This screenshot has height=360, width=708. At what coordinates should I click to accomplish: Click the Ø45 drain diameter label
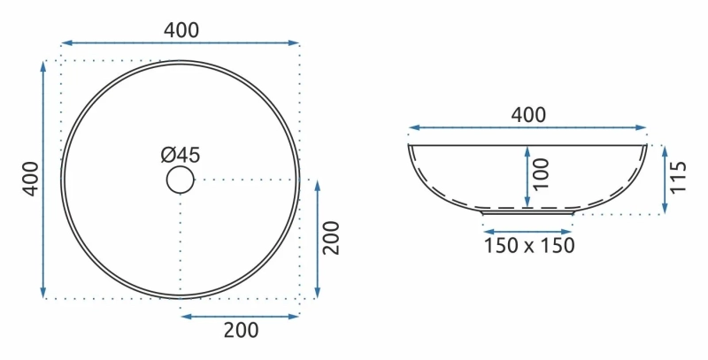coord(181,155)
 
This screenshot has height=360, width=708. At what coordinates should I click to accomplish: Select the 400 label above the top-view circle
coord(181,30)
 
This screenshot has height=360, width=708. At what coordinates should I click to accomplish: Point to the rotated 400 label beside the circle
coord(31,179)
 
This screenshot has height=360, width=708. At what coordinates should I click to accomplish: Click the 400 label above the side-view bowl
coord(527,115)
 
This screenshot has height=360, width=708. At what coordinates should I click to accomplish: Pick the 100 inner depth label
coord(541,174)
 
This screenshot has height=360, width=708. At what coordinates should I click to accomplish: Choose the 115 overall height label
coord(678,177)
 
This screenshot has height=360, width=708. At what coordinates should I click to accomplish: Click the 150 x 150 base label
coord(528,245)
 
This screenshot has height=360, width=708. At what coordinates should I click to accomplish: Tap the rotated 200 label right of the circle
coord(331,238)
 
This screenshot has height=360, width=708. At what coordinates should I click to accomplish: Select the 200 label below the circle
coord(241,330)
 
